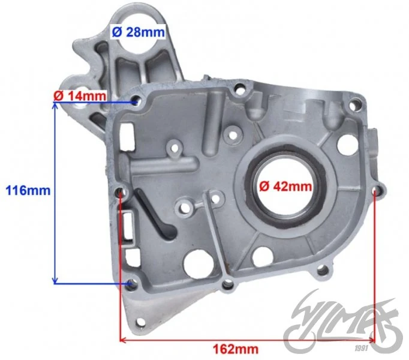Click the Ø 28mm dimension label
tap(139, 32)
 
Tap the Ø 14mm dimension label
tap(80, 96)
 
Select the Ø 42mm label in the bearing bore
tap(285, 187)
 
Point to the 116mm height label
tap(28, 191)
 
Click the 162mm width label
tap(236, 349)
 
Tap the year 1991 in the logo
tap(361, 348)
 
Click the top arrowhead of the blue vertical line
tap(55, 106)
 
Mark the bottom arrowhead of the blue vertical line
tap(55, 280)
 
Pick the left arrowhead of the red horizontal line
tap(123, 340)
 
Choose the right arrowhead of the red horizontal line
tap(371, 340)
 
